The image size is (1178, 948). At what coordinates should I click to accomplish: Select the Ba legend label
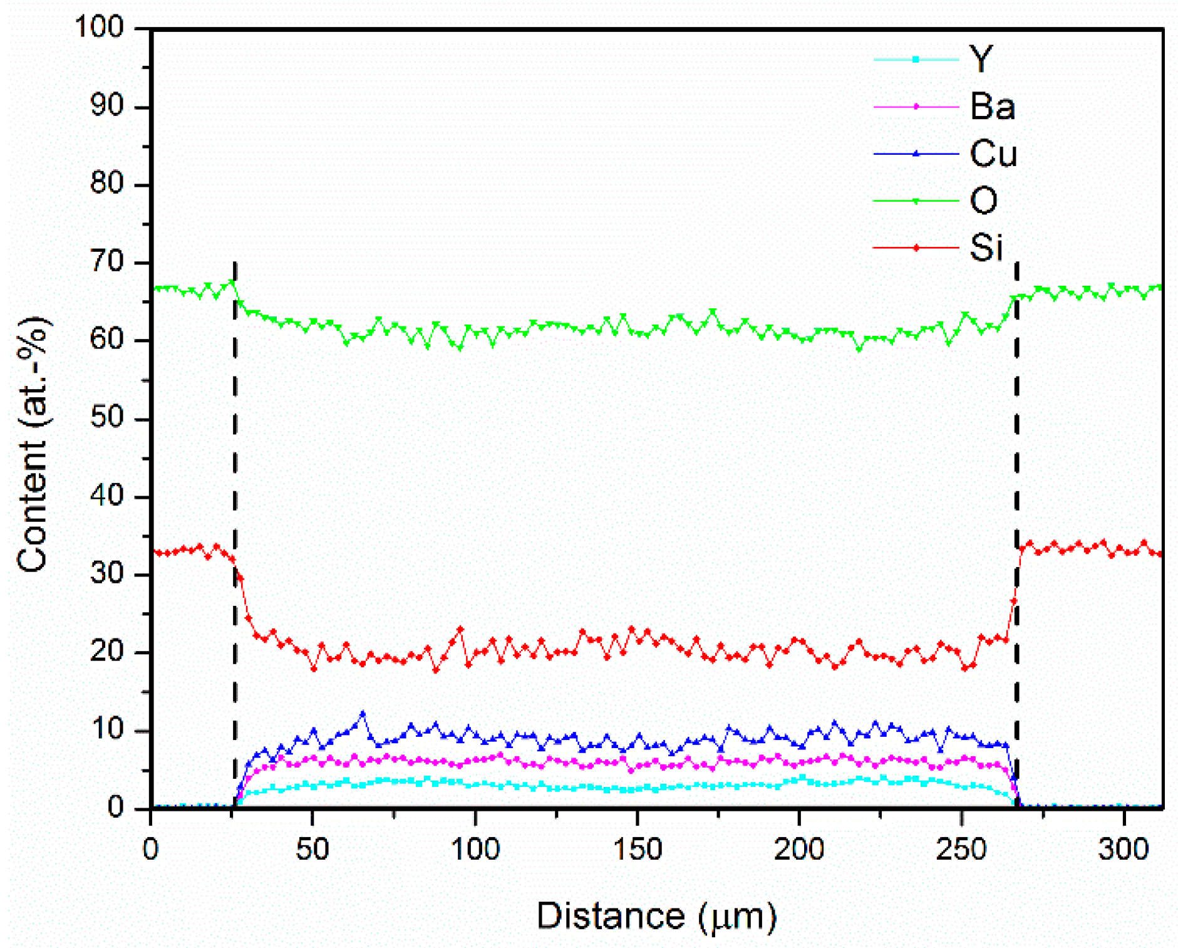coord(992,107)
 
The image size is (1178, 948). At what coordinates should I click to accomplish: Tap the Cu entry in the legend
coord(993,154)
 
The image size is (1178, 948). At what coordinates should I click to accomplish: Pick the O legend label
coord(983,201)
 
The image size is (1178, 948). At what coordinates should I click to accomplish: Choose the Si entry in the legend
coord(986,247)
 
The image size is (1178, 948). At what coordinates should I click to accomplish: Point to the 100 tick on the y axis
coord(100,28)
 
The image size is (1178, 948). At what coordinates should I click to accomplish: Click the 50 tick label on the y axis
coord(107,418)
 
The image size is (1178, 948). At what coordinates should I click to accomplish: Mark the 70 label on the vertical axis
coord(107,262)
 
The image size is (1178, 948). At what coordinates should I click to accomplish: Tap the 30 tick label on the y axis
coord(107,574)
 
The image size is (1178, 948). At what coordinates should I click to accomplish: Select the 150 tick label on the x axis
coord(637,850)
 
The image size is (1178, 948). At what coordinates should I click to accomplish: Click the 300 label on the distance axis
coord(1124,850)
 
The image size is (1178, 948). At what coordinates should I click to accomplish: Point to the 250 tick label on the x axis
coord(961,850)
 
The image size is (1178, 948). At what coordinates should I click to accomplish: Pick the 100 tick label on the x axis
coord(475,850)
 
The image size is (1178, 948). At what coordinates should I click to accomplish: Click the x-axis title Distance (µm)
coord(656,916)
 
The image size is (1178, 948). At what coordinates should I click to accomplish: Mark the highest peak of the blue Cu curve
coord(362,713)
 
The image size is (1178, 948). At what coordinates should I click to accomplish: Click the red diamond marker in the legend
coord(916,248)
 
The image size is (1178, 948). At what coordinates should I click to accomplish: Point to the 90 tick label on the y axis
coord(107,106)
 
